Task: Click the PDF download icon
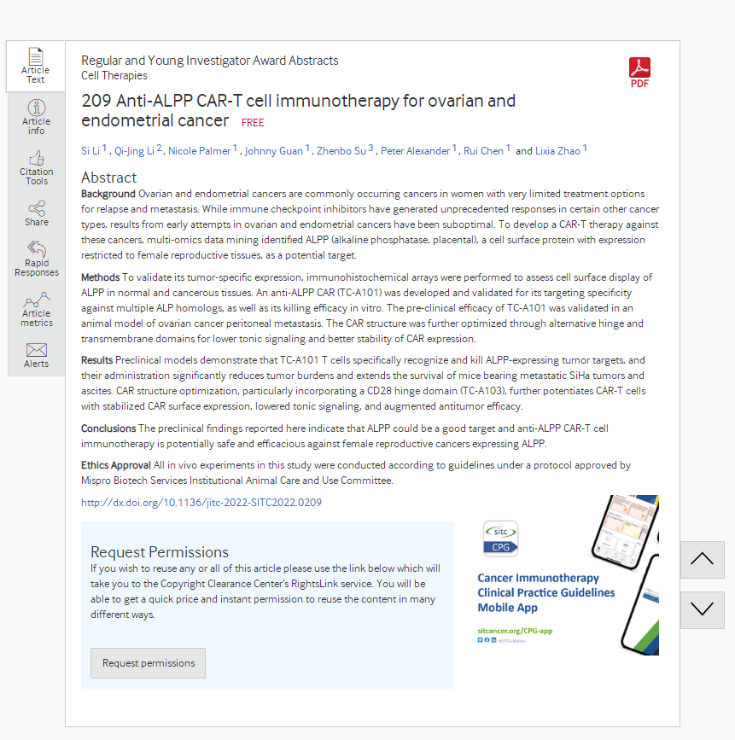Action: click(x=639, y=73)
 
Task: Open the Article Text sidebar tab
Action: click(x=35, y=66)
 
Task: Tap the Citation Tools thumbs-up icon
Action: click(x=37, y=159)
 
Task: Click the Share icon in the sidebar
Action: click(x=37, y=209)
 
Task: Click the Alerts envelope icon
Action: click(x=37, y=351)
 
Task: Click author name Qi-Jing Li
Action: click(x=135, y=151)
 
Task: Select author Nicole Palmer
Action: click(x=199, y=151)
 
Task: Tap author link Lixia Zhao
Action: click(x=557, y=151)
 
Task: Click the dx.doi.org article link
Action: click(x=201, y=503)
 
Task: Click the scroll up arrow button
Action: click(x=702, y=560)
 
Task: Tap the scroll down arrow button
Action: click(x=702, y=609)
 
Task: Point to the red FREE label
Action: click(x=253, y=122)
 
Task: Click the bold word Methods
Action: click(x=100, y=277)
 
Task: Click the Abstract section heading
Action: click(x=108, y=178)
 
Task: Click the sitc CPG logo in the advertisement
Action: click(x=500, y=539)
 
